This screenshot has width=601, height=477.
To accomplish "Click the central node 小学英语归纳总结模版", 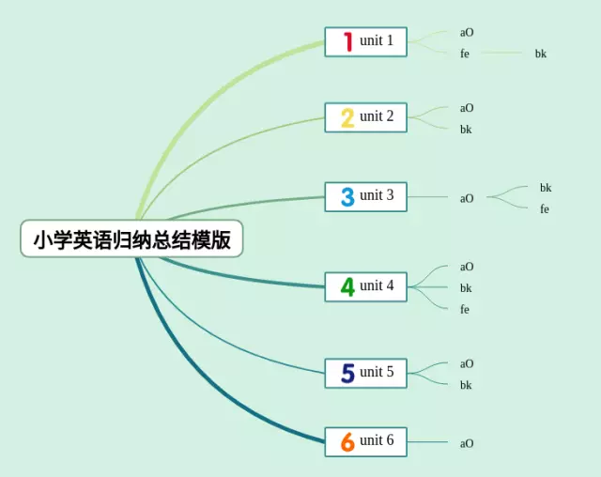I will [131, 238].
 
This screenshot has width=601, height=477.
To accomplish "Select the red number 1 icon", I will [347, 41].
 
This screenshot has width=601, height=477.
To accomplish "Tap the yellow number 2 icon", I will [347, 117].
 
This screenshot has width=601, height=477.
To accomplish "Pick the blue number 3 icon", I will [347, 196].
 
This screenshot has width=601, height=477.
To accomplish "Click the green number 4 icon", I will [347, 286].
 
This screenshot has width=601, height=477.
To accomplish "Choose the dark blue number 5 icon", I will [347, 373].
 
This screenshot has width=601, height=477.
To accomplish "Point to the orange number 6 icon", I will [347, 441].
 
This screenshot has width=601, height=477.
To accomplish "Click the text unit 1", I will [377, 40].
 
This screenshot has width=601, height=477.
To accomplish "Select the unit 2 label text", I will [377, 116].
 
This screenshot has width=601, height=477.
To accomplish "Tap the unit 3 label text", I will [377, 195].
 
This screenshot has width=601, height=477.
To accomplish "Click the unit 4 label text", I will [377, 285].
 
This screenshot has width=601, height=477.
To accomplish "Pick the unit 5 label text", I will [377, 372].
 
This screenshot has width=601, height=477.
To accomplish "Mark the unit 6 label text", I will [377, 440].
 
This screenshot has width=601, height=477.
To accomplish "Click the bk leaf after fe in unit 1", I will [541, 54].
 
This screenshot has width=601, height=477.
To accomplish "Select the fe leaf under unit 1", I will [465, 54].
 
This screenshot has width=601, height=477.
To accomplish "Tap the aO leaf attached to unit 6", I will [467, 443].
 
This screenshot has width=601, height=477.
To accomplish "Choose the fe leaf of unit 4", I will [465, 310].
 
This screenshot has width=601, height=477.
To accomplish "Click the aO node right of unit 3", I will [467, 198].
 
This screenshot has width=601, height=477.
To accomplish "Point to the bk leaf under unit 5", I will [466, 385].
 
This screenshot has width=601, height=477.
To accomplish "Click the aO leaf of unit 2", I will [467, 108].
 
